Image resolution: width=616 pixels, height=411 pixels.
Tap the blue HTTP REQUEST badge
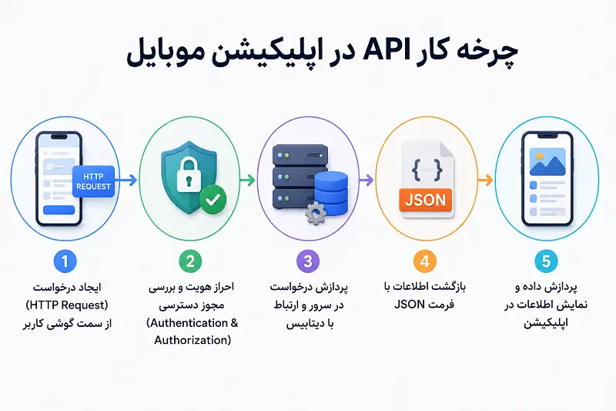(93, 181)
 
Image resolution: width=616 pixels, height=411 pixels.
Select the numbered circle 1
(65, 261)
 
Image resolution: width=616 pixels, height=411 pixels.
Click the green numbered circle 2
(190, 261)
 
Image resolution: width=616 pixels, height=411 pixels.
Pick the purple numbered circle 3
(308, 261)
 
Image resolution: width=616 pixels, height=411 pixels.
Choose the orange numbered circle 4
(425, 261)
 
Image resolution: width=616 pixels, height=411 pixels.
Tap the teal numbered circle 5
(546, 261)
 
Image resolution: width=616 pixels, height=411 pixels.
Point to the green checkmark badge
(213, 200)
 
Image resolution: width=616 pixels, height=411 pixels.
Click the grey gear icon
(316, 214)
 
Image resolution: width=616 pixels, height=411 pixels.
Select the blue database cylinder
(331, 193)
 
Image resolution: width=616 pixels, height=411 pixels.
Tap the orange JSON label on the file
(426, 200)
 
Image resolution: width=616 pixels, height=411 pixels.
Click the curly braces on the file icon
(427, 170)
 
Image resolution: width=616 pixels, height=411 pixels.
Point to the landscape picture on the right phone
(547, 162)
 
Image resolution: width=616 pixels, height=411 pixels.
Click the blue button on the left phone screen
(59, 210)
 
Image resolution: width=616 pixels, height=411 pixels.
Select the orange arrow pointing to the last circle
(486, 180)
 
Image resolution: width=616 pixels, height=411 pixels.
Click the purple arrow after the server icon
(367, 180)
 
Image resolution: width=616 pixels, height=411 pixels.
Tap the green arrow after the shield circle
(247, 180)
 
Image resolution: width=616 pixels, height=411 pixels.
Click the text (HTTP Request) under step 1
(67, 305)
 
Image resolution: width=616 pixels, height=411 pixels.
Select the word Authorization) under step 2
(192, 340)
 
